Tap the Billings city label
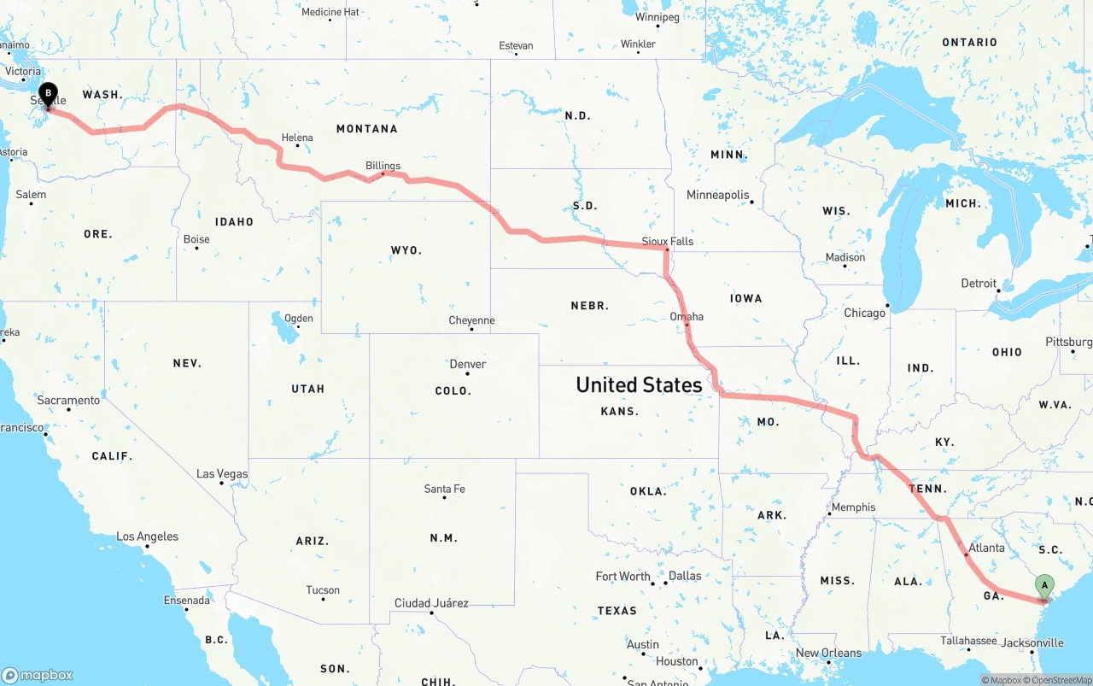tap(383, 166)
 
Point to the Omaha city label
tap(687, 316)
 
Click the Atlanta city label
tap(987, 548)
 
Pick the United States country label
tap(639, 384)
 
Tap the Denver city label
tap(468, 364)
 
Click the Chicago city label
tap(864, 313)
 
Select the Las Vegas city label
tap(222, 473)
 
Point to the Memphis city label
tap(853, 507)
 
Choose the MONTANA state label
tap(366, 128)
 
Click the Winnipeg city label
tap(657, 17)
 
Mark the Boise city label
tap(196, 239)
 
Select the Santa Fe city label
tap(444, 489)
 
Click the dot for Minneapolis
tap(751, 202)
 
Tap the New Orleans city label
tap(828, 653)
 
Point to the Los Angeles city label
tap(147, 536)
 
